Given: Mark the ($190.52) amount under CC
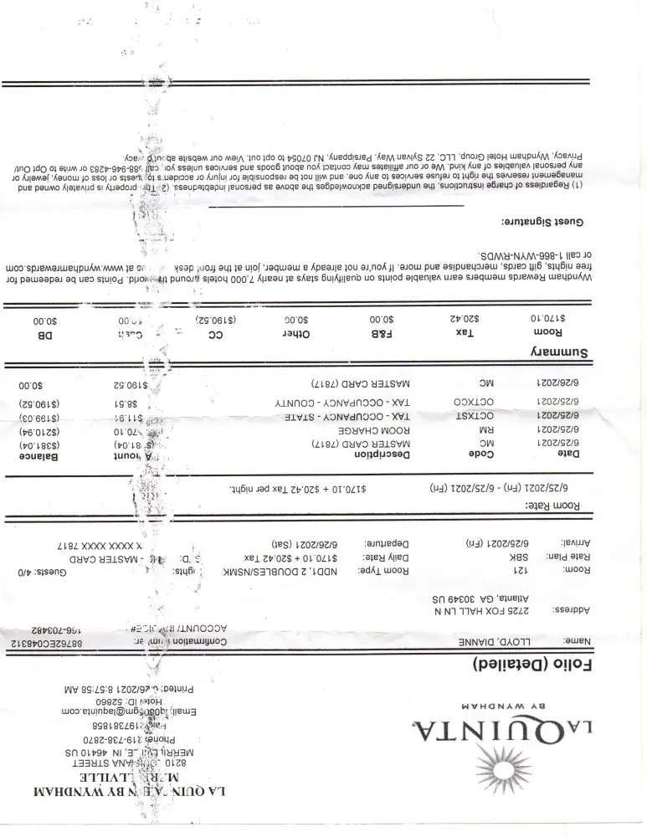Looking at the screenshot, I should pos(218,320).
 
